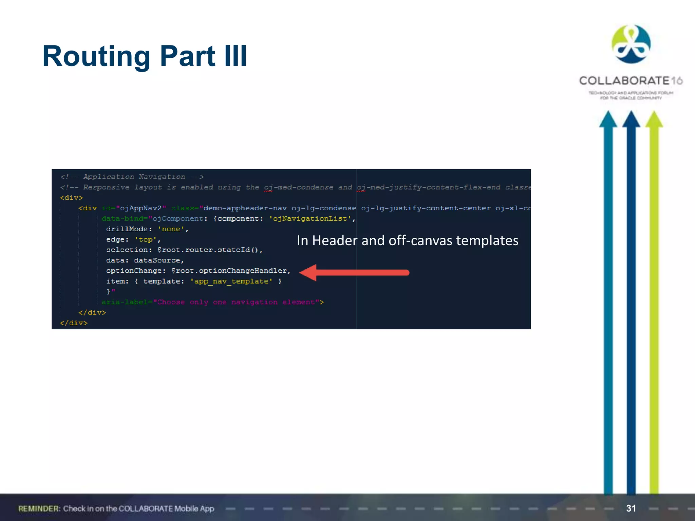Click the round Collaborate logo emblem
pyautogui.click(x=631, y=44)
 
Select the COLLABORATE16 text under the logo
pyautogui.click(x=631, y=81)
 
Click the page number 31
pyautogui.click(x=631, y=508)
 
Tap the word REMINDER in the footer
pyautogui.click(x=39, y=508)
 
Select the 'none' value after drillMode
pyautogui.click(x=171, y=229)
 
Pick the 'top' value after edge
pyautogui.click(x=146, y=240)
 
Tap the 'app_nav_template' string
pyautogui.click(x=231, y=282)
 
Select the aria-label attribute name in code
pyautogui.click(x=124, y=302)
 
